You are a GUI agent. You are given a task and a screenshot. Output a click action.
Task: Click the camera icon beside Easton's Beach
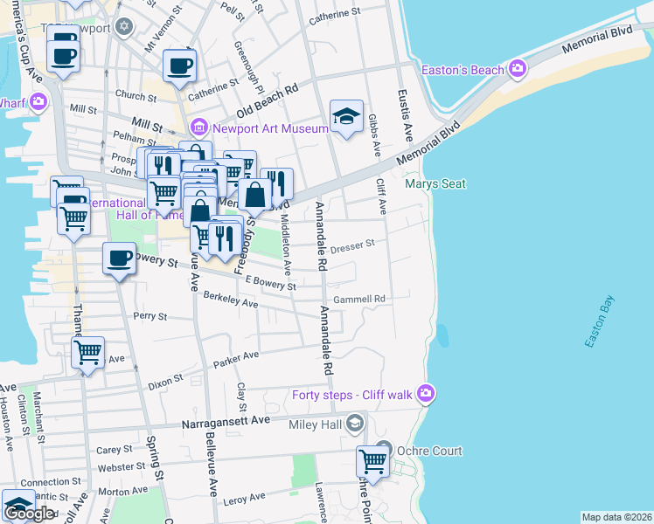pyautogui.click(x=518, y=68)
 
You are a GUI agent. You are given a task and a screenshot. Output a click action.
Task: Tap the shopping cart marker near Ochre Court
pyautogui.click(x=372, y=461)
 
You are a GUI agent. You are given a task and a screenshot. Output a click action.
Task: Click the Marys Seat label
pyautogui.click(x=435, y=183)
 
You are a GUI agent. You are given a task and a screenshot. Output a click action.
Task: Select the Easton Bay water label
pyautogui.click(x=602, y=321)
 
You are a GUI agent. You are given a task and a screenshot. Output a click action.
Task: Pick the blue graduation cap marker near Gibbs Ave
pyautogui.click(x=346, y=116)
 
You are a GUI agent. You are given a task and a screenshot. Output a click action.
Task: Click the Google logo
pyautogui.click(x=29, y=514)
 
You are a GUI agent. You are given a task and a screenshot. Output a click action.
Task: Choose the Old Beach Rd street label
pyautogui.click(x=268, y=100)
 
